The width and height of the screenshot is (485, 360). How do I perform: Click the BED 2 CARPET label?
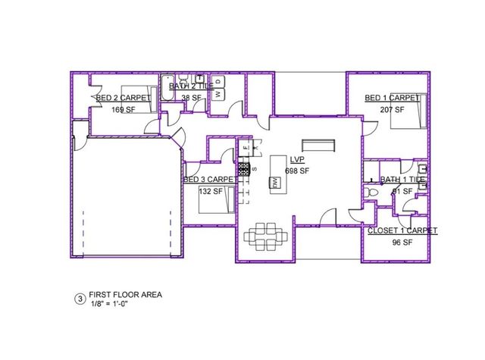(124, 99)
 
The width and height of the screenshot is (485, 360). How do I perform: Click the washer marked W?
(218, 93)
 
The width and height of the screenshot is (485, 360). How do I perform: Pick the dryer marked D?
(218, 82)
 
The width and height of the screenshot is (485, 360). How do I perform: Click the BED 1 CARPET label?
(393, 99)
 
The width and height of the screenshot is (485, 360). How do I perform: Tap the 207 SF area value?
(391, 109)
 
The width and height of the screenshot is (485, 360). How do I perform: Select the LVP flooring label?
(297, 159)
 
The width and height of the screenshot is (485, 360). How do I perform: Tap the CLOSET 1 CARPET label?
(402, 230)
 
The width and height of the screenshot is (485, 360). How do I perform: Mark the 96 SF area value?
(401, 243)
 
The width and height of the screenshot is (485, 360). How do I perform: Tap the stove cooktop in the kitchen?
(245, 170)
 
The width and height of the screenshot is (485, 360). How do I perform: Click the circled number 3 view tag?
(80, 299)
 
